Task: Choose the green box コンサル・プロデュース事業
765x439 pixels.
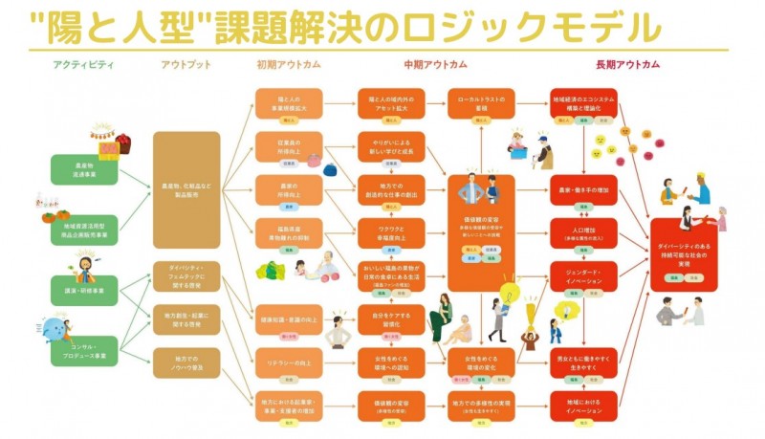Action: tap(84, 351)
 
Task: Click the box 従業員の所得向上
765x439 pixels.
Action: tap(289, 148)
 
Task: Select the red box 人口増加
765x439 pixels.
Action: tap(583, 235)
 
